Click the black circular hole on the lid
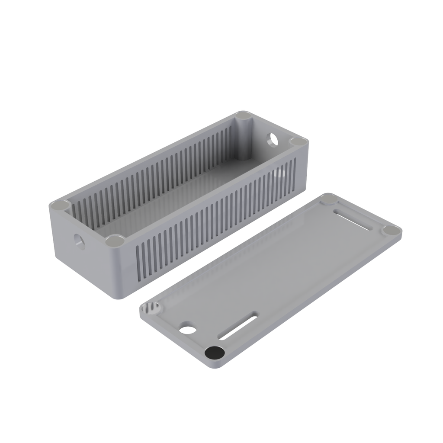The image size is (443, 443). [x=215, y=353]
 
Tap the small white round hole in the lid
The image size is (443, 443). [x=188, y=329]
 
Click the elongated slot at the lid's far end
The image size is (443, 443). [x=353, y=219]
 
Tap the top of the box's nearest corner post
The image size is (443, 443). [x=115, y=241]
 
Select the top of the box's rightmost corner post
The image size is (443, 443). [x=298, y=141]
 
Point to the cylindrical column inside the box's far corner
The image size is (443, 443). [x=244, y=138]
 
